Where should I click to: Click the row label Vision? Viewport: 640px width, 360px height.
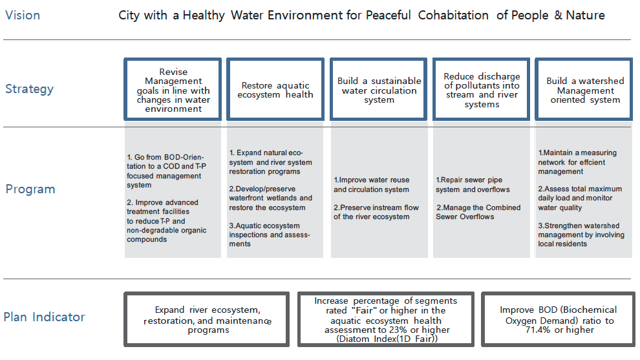23,16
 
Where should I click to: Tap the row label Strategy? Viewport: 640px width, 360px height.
29,89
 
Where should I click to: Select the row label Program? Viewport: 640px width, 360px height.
30,189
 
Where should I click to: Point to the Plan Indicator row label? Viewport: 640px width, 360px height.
44,317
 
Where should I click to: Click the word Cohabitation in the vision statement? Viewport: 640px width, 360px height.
453,16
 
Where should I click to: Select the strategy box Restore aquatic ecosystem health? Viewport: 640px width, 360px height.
275,89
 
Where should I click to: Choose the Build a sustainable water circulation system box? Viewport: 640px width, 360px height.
379,89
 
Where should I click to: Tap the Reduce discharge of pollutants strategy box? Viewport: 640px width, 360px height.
482,89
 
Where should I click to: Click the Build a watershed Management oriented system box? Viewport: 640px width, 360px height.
584,89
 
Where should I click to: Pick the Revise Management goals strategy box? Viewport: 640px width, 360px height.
173,89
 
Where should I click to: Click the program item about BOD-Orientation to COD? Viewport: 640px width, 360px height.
167,171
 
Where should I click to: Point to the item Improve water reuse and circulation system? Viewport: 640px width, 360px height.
372,184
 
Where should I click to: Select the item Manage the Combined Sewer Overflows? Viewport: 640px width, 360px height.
478,212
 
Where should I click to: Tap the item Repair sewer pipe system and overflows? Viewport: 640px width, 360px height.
473,184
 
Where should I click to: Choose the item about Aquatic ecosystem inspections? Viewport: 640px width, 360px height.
270,235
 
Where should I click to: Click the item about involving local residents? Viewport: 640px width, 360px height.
581,235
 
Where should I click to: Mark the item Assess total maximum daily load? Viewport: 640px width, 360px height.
580,198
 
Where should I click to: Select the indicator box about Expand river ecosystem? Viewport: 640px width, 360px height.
207,319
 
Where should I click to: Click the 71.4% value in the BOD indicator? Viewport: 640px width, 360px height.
538,330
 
